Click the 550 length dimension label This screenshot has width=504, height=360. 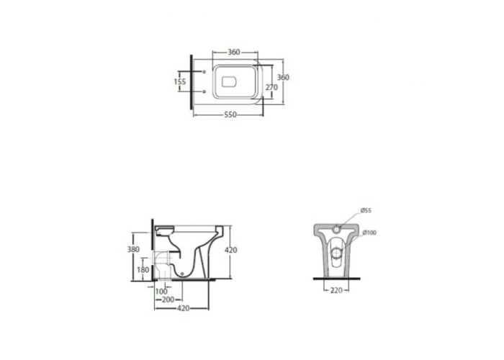pos(230,114)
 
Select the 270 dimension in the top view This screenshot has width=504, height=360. pos(271,87)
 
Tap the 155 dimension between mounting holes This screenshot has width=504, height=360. pos(180,81)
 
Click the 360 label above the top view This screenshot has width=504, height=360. pos(234,52)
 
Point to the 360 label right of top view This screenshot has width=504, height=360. pos(283,78)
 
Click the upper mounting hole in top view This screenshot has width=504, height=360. pos(204,72)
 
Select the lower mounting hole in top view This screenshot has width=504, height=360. pos(204,92)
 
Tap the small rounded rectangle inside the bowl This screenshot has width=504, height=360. pos(229,81)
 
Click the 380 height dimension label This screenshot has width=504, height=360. pos(133,249)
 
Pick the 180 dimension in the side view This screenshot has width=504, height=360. pos(143,270)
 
